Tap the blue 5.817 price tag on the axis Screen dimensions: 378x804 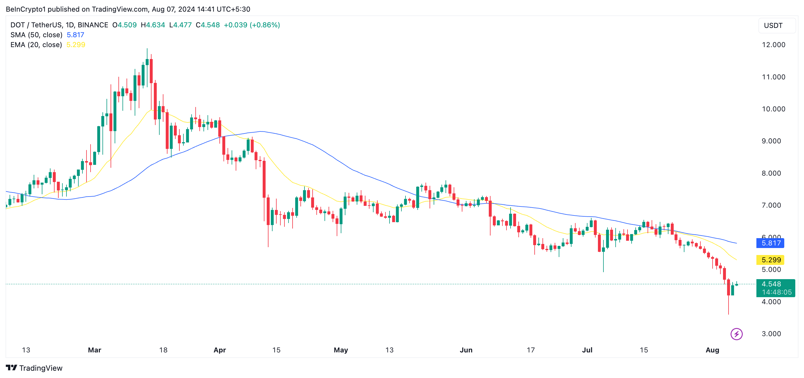(770, 243)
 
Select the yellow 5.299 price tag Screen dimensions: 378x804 (770, 260)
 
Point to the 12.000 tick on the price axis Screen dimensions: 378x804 (773, 45)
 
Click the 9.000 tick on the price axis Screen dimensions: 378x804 (771, 141)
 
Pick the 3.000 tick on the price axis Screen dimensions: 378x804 (771, 334)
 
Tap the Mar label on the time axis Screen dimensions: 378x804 (94, 350)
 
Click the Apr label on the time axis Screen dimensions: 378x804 (219, 350)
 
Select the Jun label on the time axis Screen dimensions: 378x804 (466, 350)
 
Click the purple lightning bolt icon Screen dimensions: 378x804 (736, 334)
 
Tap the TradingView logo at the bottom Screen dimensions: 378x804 (34, 368)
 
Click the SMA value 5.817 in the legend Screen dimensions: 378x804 (75, 35)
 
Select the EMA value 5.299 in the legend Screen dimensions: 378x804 (75, 45)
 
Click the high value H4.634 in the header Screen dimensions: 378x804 (153, 25)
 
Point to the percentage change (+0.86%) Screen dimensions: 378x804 (265, 25)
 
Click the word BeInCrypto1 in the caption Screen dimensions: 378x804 (26, 9)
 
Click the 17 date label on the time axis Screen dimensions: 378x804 (531, 350)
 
